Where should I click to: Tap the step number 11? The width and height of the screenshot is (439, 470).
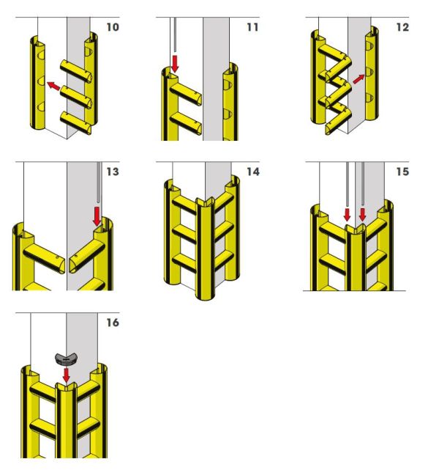click(x=252, y=28)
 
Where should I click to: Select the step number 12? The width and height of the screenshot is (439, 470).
click(x=402, y=28)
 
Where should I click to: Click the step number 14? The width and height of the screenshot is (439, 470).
click(x=253, y=173)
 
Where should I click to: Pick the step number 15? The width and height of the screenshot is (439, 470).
click(x=402, y=173)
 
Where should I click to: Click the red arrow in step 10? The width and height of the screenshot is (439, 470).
click(x=53, y=85)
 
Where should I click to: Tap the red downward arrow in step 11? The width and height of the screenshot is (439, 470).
click(x=175, y=62)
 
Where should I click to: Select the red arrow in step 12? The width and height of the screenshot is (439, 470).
click(x=357, y=78)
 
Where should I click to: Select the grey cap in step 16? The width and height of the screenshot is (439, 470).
click(x=66, y=359)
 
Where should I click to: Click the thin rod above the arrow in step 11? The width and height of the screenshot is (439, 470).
click(x=175, y=34)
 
